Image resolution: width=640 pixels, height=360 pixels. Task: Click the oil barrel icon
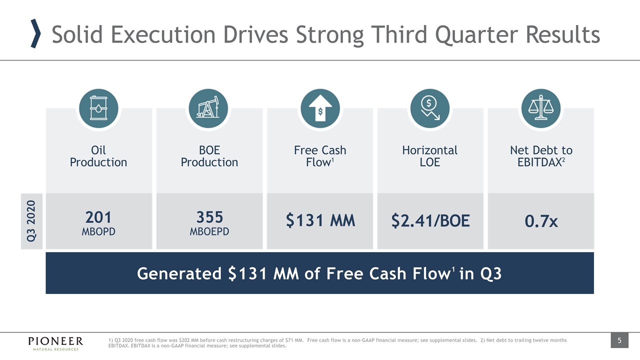pos(98,108)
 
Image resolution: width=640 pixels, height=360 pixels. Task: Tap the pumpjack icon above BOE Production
pos(209,108)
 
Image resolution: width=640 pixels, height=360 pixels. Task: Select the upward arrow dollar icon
pos(320,108)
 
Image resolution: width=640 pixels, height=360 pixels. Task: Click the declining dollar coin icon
pos(430,108)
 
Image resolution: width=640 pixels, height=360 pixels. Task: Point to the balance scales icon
pos(541,108)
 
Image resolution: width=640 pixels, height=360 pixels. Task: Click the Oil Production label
pos(98,156)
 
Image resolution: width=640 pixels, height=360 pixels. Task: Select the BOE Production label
pos(209,156)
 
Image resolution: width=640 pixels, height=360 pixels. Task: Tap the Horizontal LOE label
pos(430,156)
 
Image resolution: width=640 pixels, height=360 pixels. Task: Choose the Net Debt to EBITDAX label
pos(541,156)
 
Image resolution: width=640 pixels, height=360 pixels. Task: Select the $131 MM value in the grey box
pos(320,220)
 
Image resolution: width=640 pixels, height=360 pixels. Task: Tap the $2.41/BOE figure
pos(430,220)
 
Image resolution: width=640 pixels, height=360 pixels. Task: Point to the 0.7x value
pos(541,220)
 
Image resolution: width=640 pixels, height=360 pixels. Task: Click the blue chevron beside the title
pos(36,34)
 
